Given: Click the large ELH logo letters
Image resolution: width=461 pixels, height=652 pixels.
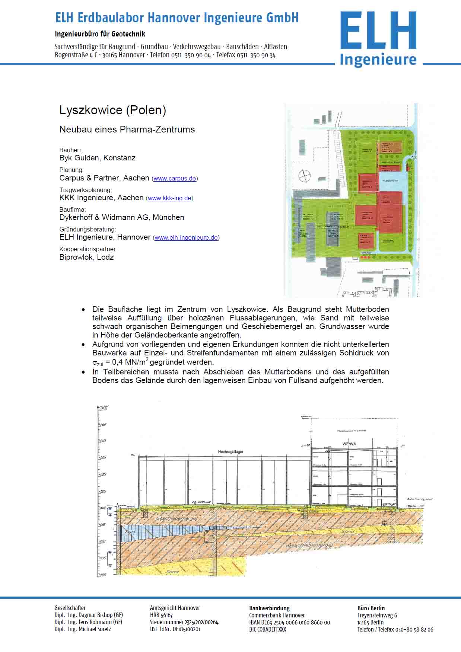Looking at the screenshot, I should point(378,31).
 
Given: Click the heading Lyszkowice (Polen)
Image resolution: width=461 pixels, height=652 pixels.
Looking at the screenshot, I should point(112,110).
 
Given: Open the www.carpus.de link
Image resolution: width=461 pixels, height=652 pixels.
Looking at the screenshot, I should point(175,178).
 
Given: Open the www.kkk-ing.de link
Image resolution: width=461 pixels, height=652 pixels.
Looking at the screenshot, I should point(169,198).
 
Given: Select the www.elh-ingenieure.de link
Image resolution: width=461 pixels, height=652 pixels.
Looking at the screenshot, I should point(186,238).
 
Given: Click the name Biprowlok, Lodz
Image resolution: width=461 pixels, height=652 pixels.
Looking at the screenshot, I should point(86,257).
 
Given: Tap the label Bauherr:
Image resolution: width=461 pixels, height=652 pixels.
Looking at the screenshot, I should point(71,150).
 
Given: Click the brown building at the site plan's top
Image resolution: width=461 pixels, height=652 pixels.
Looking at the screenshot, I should point(391,147).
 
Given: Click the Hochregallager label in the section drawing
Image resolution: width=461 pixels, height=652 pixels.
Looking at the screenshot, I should point(230,452).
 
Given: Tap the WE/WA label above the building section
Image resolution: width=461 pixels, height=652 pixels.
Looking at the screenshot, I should point(349,444).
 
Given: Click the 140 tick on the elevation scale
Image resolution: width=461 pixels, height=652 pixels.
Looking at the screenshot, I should point(102,441).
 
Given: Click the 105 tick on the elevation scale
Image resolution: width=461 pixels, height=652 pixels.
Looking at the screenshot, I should point(102,558).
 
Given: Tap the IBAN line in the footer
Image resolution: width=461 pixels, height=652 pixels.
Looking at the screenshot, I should point(289,622).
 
